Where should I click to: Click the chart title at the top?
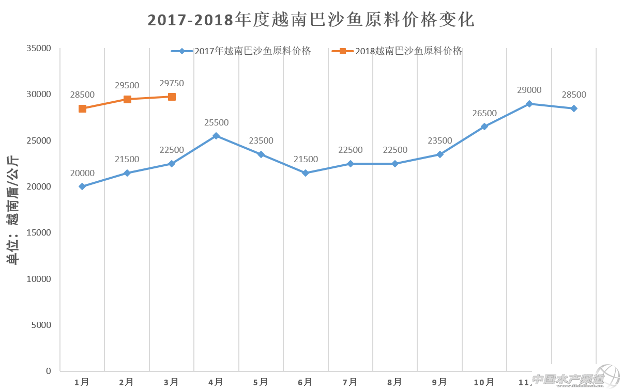pos(311,20)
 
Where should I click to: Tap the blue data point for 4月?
pos(216,136)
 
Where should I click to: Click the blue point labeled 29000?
pos(529,104)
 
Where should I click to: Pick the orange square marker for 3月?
pos(172,97)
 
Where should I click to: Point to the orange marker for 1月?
pos(82,108)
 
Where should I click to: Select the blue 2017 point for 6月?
pos(306,173)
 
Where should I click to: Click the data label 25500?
pos(216,123)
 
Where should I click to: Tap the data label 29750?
pos(172,84)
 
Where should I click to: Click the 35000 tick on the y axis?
pos(39,49)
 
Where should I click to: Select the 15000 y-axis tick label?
pos(39,232)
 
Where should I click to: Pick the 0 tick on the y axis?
pos(48,371)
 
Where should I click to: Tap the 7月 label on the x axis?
pos(350,382)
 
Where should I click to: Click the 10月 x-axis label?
pos(484,382)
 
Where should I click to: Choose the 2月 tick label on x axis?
pos(127,382)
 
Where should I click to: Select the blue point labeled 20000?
pos(82,186)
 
